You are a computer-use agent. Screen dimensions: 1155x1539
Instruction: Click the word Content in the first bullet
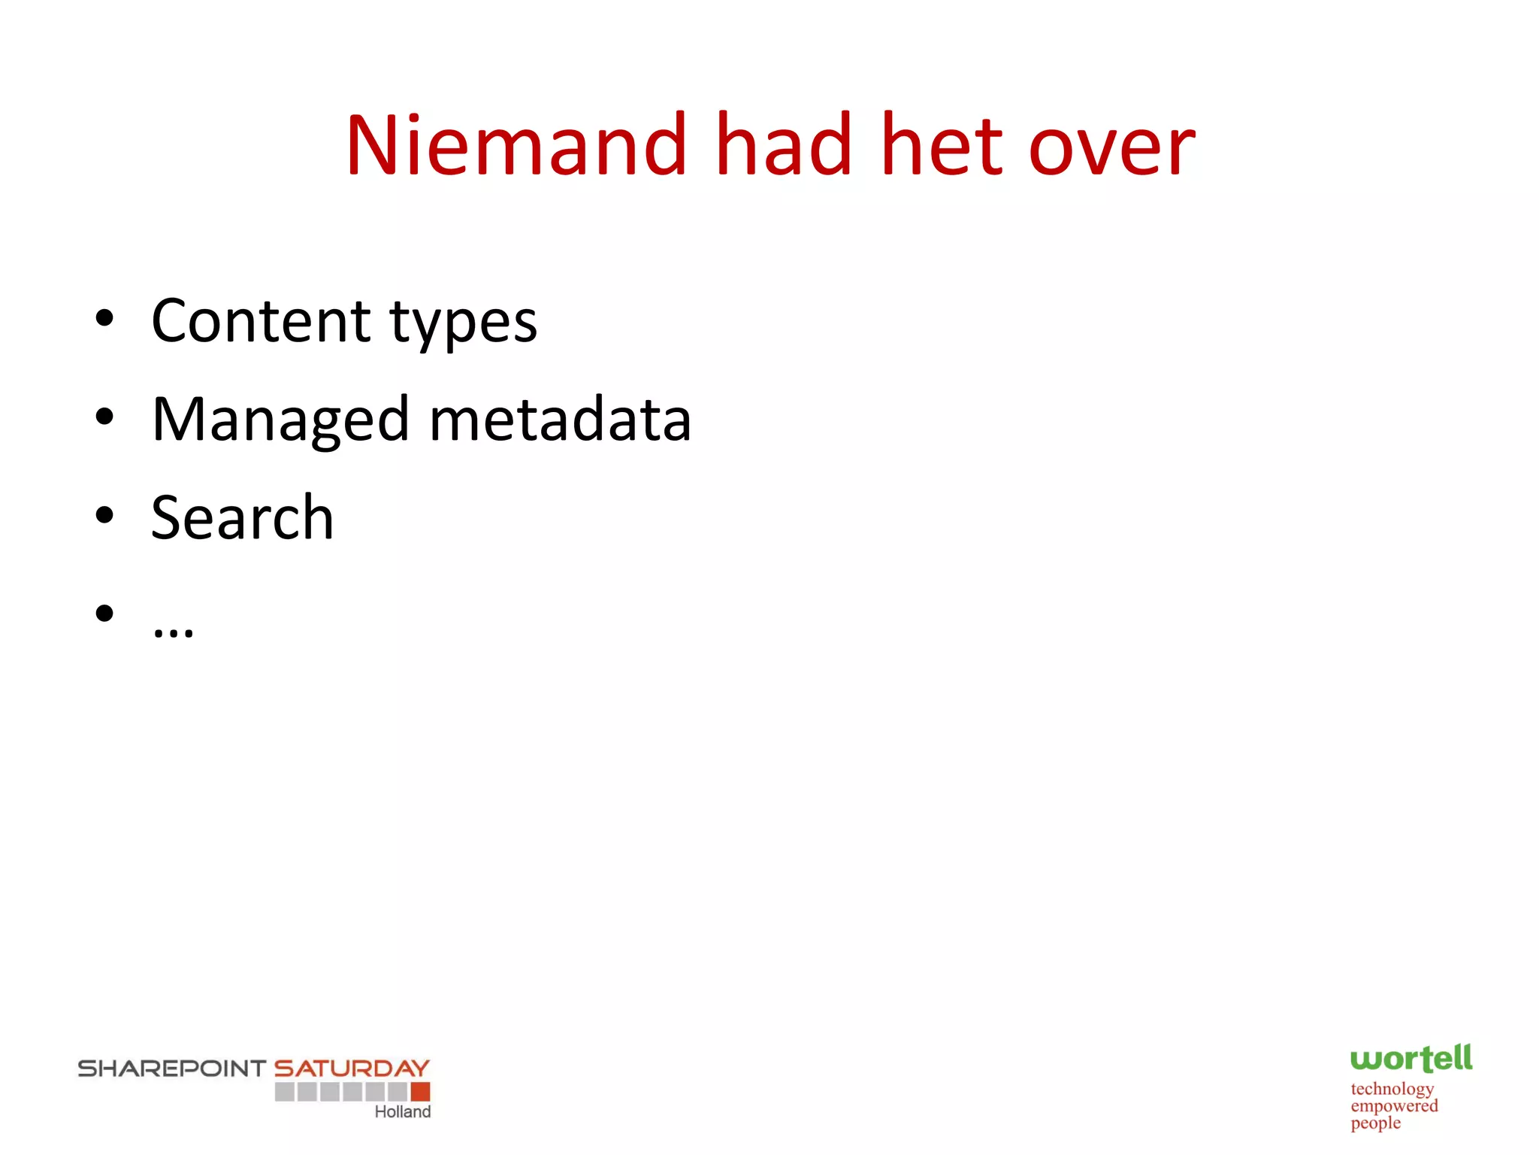(x=261, y=321)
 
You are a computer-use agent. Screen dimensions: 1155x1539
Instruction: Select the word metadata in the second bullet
(x=560, y=420)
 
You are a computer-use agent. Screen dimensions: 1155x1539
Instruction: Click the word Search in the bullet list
(x=242, y=517)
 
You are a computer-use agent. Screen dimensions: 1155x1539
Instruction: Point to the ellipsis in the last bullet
(x=173, y=631)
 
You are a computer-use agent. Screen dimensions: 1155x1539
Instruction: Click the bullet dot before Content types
(x=104, y=318)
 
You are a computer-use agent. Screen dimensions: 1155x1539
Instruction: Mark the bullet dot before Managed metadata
(x=104, y=417)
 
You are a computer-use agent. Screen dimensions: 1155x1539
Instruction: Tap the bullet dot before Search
(x=104, y=515)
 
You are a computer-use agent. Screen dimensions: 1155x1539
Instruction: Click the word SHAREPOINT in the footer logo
(x=172, y=1069)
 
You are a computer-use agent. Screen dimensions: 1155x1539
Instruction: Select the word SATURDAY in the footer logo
(x=352, y=1069)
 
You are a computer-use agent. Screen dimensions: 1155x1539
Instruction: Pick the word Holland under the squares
(x=403, y=1112)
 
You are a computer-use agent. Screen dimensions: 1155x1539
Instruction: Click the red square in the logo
(x=421, y=1091)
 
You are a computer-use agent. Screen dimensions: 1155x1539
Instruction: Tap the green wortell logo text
(x=1410, y=1059)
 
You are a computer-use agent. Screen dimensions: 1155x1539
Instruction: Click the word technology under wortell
(x=1392, y=1089)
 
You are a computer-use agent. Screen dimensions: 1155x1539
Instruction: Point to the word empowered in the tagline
(x=1394, y=1106)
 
